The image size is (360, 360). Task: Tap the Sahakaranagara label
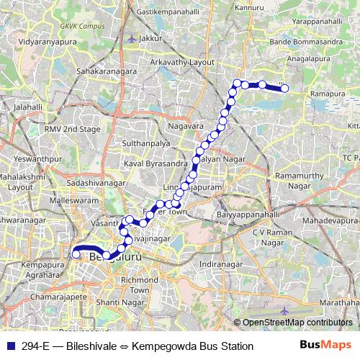point(107,73)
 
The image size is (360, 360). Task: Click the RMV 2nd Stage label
point(71,129)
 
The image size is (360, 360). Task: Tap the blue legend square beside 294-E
point(7,346)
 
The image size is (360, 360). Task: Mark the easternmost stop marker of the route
point(284,89)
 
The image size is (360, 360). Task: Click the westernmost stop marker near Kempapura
point(76,253)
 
